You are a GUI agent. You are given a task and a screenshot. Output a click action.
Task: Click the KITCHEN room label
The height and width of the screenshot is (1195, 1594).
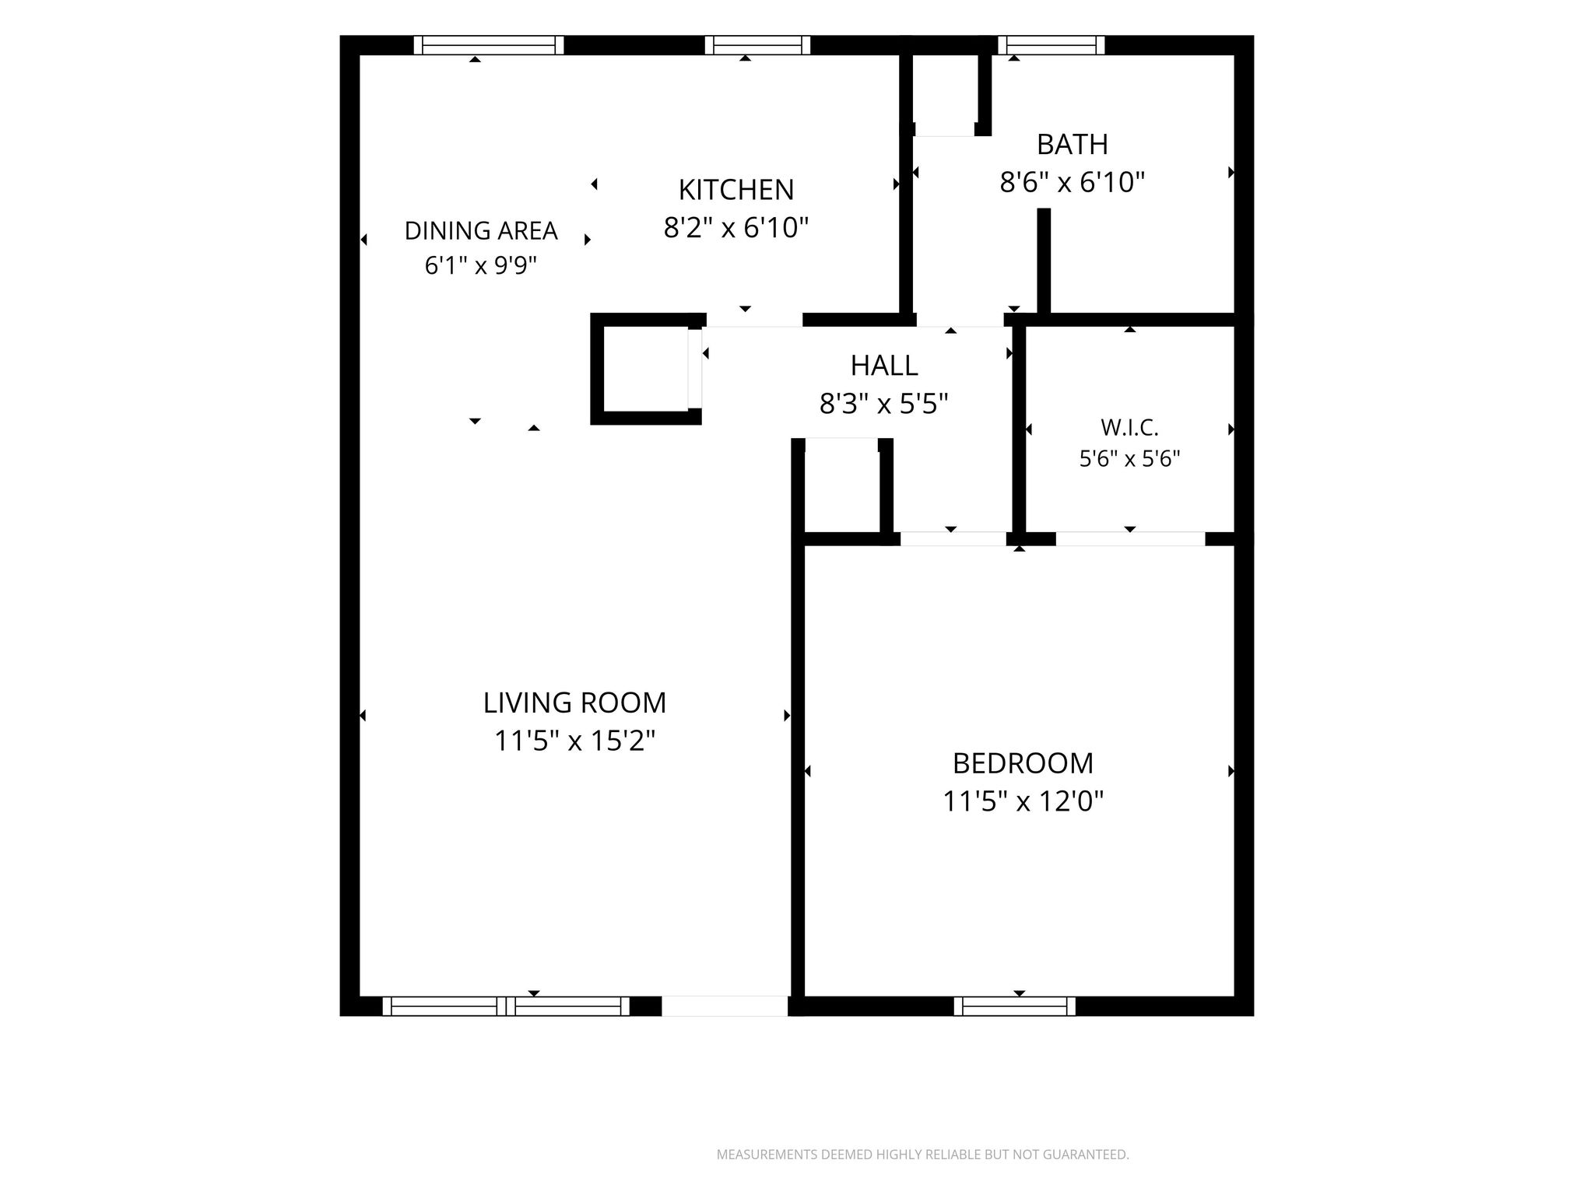pyautogui.click(x=736, y=190)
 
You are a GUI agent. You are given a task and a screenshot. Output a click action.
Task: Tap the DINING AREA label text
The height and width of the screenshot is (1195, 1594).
pyautogui.click(x=481, y=231)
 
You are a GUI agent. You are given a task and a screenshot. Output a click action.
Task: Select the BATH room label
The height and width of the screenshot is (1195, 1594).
pyautogui.click(x=1073, y=145)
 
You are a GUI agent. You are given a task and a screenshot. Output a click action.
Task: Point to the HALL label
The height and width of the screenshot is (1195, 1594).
pyautogui.click(x=884, y=366)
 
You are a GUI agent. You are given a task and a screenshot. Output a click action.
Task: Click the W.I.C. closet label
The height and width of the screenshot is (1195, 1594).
pyautogui.click(x=1130, y=428)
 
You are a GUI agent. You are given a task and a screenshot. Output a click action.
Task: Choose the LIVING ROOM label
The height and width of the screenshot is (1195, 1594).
pyautogui.click(x=575, y=703)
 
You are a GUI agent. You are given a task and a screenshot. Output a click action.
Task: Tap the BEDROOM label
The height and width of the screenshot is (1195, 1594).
pyautogui.click(x=1023, y=764)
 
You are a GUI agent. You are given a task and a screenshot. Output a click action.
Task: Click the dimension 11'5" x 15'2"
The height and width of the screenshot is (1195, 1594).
pyautogui.click(x=575, y=741)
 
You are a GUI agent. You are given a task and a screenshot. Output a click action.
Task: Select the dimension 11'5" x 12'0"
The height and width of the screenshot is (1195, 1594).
pyautogui.click(x=1023, y=801)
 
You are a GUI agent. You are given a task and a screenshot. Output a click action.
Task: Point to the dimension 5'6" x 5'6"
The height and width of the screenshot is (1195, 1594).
pyautogui.click(x=1130, y=459)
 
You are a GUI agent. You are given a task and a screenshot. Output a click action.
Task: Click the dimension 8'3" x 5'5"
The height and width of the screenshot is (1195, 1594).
pyautogui.click(x=884, y=404)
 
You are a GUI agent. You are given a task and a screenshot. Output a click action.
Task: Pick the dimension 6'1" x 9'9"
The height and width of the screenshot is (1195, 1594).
pyautogui.click(x=481, y=267)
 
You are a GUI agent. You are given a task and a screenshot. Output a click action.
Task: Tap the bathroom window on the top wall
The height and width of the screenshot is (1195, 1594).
pyautogui.click(x=1052, y=45)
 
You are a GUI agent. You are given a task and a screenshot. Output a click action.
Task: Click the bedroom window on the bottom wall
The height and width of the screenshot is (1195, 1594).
pyautogui.click(x=1015, y=1007)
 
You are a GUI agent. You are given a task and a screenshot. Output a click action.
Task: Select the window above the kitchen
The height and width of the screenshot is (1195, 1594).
pyautogui.click(x=757, y=45)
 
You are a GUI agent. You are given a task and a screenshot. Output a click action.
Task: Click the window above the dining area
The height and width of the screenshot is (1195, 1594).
pyautogui.click(x=489, y=45)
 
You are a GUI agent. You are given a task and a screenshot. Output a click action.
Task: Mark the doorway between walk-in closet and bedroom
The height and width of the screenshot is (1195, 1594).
pyautogui.click(x=1130, y=538)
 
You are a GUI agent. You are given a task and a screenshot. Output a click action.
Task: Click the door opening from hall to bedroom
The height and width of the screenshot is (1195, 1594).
pyautogui.click(x=953, y=538)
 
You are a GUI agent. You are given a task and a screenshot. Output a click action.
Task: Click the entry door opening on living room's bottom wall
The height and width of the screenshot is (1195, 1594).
pyautogui.click(x=725, y=1007)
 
